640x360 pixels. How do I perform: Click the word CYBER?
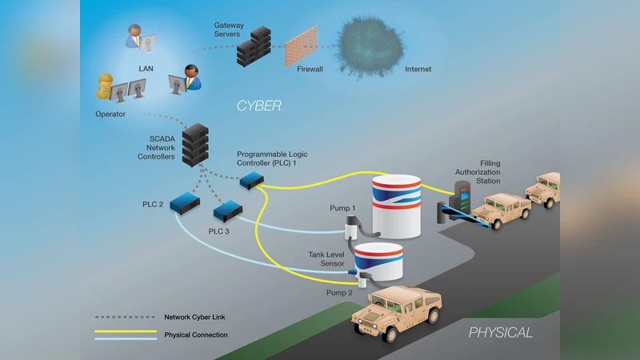pos(258,105)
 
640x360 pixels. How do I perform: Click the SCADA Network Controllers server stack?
pos(194,144)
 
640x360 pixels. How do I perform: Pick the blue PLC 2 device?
pos(184,202)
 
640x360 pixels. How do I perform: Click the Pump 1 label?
pos(342,208)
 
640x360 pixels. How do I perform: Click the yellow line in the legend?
pos(125,331)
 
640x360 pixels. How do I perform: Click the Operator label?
pos(109,114)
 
